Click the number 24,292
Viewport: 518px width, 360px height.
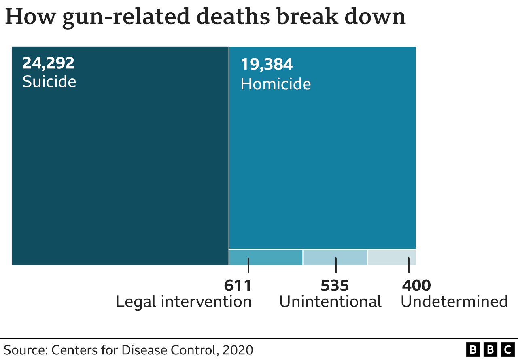coord(48,63)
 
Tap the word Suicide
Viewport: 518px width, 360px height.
coord(49,82)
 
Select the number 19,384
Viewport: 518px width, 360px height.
coord(266,65)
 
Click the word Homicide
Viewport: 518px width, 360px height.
coord(276,84)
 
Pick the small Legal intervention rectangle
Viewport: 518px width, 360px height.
coord(266,257)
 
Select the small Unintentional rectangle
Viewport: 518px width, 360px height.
coord(335,257)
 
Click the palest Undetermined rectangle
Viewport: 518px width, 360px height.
coord(391,257)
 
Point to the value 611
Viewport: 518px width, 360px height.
coord(238,286)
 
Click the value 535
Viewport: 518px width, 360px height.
coord(335,286)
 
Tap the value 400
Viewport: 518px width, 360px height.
coord(416,286)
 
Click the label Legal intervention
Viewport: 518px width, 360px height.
coord(184,302)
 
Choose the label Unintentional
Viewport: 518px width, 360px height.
coord(330,302)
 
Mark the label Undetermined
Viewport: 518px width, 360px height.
coord(454,302)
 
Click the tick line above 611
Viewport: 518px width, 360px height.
coord(248,265)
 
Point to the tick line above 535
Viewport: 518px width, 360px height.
coord(335,265)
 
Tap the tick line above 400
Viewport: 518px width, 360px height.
coord(409,265)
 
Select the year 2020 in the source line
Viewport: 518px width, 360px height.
coord(238,350)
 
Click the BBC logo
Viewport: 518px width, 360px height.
coord(490,349)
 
